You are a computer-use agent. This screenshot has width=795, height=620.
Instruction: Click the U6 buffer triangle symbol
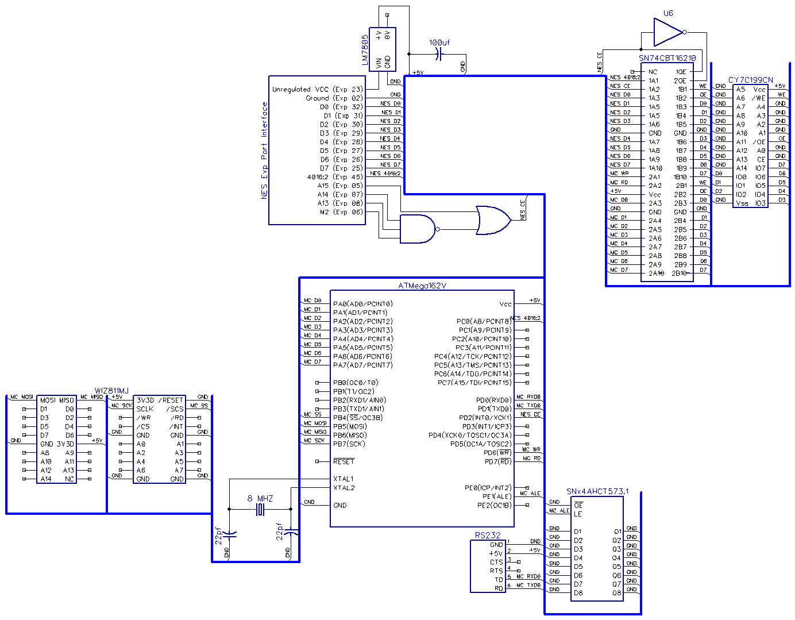(667, 32)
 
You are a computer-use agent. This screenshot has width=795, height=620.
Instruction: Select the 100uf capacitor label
(439, 43)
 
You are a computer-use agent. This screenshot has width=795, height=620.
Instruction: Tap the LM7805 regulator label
(365, 50)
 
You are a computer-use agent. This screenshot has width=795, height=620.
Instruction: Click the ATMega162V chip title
(422, 286)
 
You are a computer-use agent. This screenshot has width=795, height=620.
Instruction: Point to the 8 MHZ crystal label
(260, 498)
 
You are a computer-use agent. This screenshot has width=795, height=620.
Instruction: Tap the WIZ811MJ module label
(111, 391)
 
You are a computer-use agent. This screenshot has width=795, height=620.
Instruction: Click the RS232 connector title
(487, 535)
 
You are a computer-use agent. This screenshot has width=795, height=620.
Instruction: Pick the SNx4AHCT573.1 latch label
(597, 491)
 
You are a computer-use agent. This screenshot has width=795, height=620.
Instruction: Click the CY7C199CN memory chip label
(750, 80)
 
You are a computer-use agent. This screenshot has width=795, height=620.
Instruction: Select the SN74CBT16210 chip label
(667, 58)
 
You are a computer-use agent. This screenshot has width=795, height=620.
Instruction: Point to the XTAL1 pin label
(343, 479)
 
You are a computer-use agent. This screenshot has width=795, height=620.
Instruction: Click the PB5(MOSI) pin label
(350, 426)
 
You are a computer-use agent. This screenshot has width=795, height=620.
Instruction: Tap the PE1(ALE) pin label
(496, 496)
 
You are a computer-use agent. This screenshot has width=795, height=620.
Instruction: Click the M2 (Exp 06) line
(341, 212)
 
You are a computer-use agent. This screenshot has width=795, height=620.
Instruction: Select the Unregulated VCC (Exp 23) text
(317, 89)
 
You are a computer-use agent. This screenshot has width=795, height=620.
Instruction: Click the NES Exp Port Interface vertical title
(264, 151)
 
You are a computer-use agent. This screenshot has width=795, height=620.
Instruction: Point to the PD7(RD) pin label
(497, 461)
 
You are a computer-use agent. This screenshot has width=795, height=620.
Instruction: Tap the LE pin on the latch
(577, 514)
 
